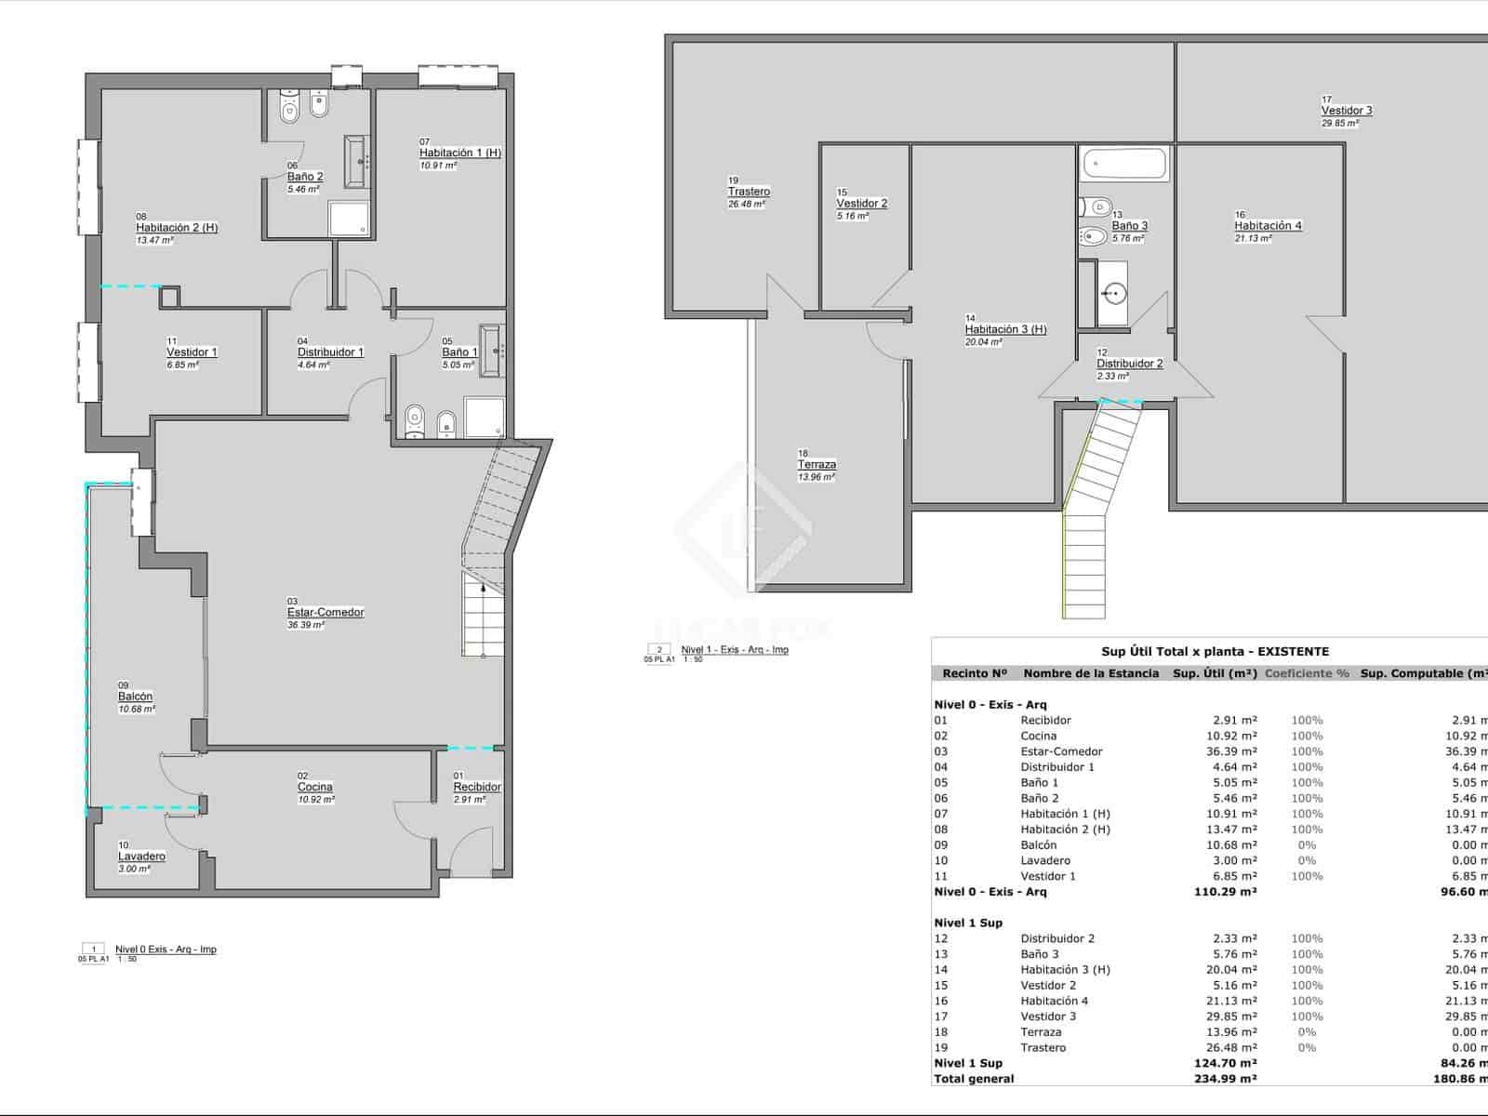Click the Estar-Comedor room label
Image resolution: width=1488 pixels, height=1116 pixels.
tap(325, 612)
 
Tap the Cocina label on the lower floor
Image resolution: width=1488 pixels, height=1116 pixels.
tap(315, 787)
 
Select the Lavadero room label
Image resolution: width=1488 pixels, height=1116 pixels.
tap(141, 857)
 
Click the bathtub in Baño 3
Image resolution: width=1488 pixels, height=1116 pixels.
tap(1124, 165)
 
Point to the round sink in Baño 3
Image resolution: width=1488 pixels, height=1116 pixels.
tap(1113, 294)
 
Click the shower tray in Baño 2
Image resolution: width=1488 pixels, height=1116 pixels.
tap(350, 219)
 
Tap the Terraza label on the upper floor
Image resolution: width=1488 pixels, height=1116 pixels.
tap(817, 464)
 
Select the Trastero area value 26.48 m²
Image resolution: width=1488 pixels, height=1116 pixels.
tap(747, 204)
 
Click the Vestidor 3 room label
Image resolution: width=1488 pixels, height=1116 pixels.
tap(1347, 111)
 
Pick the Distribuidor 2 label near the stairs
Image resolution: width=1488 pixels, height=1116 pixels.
tap(1129, 364)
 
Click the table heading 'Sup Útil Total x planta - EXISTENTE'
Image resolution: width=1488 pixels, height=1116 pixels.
tap(1215, 652)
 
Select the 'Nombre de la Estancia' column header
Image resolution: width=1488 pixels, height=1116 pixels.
tap(1091, 673)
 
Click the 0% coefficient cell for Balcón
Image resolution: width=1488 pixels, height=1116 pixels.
tap(1307, 845)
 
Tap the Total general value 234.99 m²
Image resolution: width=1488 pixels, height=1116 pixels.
tap(1225, 1079)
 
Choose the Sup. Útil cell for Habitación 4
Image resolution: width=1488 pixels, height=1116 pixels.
tap(1231, 1001)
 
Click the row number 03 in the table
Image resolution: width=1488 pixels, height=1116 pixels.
tap(941, 751)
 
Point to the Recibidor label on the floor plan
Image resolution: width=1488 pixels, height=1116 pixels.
tap(477, 787)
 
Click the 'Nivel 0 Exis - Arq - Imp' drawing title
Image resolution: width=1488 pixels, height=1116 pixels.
tap(166, 950)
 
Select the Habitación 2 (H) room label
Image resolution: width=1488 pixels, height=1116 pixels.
tap(177, 228)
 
